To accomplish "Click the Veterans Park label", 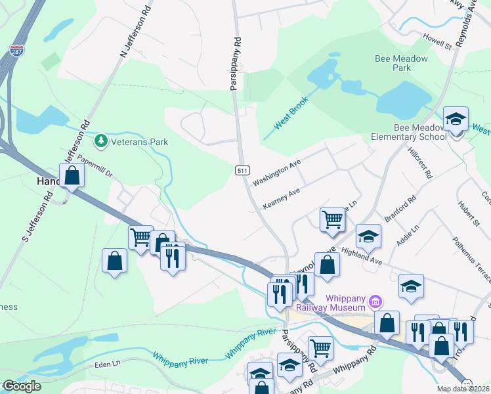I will (x=139, y=142).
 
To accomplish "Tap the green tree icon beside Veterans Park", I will (x=100, y=141).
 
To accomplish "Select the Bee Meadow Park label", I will (x=401, y=63).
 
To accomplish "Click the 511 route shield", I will (x=242, y=170).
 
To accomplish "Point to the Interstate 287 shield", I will (x=16, y=50).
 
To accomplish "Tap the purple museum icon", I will (x=375, y=302).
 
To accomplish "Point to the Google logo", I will (x=21, y=386).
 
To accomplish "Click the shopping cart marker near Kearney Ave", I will (x=332, y=220).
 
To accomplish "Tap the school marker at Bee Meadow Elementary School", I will (x=456, y=120).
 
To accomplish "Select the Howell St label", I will (x=437, y=41).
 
